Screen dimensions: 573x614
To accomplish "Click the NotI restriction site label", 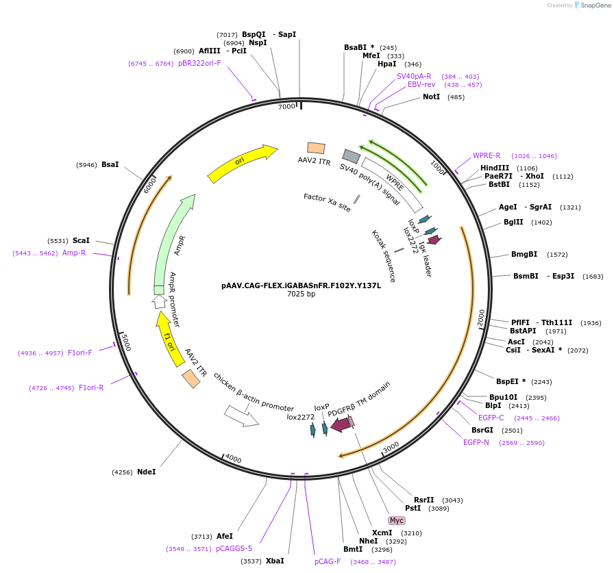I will [x=431, y=97].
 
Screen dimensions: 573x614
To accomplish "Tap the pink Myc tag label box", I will [x=397, y=520].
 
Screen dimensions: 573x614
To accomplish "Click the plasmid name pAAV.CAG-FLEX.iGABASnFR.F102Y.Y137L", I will [x=301, y=285].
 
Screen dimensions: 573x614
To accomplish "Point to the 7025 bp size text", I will [x=301, y=294].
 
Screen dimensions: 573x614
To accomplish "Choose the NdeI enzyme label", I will [x=147, y=472].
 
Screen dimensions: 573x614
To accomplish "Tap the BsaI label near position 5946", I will [x=110, y=165].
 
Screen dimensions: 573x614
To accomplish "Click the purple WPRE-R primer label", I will [x=487, y=155].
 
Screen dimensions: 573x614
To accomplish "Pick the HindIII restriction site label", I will [x=495, y=168].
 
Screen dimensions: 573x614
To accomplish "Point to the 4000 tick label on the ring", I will [x=234, y=458].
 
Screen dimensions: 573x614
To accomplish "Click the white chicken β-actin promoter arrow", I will [x=241, y=415].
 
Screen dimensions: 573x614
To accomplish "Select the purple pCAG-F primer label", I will [x=328, y=561].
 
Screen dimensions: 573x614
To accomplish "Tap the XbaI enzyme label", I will [x=275, y=561].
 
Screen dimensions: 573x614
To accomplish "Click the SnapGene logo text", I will [x=594, y=5].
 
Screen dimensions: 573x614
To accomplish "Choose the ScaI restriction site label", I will [x=81, y=241].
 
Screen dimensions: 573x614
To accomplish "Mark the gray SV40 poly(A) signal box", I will [x=352, y=156].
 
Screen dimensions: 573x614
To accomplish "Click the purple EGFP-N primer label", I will [x=476, y=442].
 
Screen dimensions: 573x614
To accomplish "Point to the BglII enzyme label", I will [x=518, y=222].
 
